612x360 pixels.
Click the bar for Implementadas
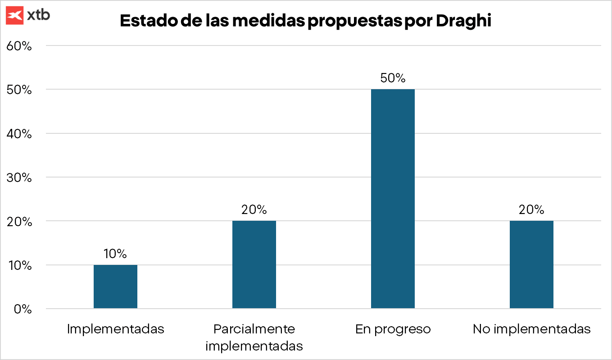click(x=115, y=287)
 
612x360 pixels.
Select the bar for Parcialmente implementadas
click(x=254, y=264)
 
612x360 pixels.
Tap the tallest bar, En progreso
click(x=393, y=199)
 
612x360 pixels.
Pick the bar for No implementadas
click(x=531, y=264)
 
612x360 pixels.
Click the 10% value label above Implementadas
click(x=115, y=254)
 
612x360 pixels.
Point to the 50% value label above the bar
click(x=393, y=78)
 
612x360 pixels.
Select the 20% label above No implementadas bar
click(x=531, y=210)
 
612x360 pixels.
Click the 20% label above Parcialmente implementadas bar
click(x=254, y=210)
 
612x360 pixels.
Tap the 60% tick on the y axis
click(x=18, y=46)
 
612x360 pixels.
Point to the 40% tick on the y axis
click(x=18, y=134)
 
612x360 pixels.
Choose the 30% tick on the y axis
click(x=18, y=178)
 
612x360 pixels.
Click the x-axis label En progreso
click(x=393, y=329)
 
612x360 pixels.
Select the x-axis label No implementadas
click(x=531, y=329)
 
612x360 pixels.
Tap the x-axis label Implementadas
click(x=115, y=329)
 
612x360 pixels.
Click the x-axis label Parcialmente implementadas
click(x=254, y=337)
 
